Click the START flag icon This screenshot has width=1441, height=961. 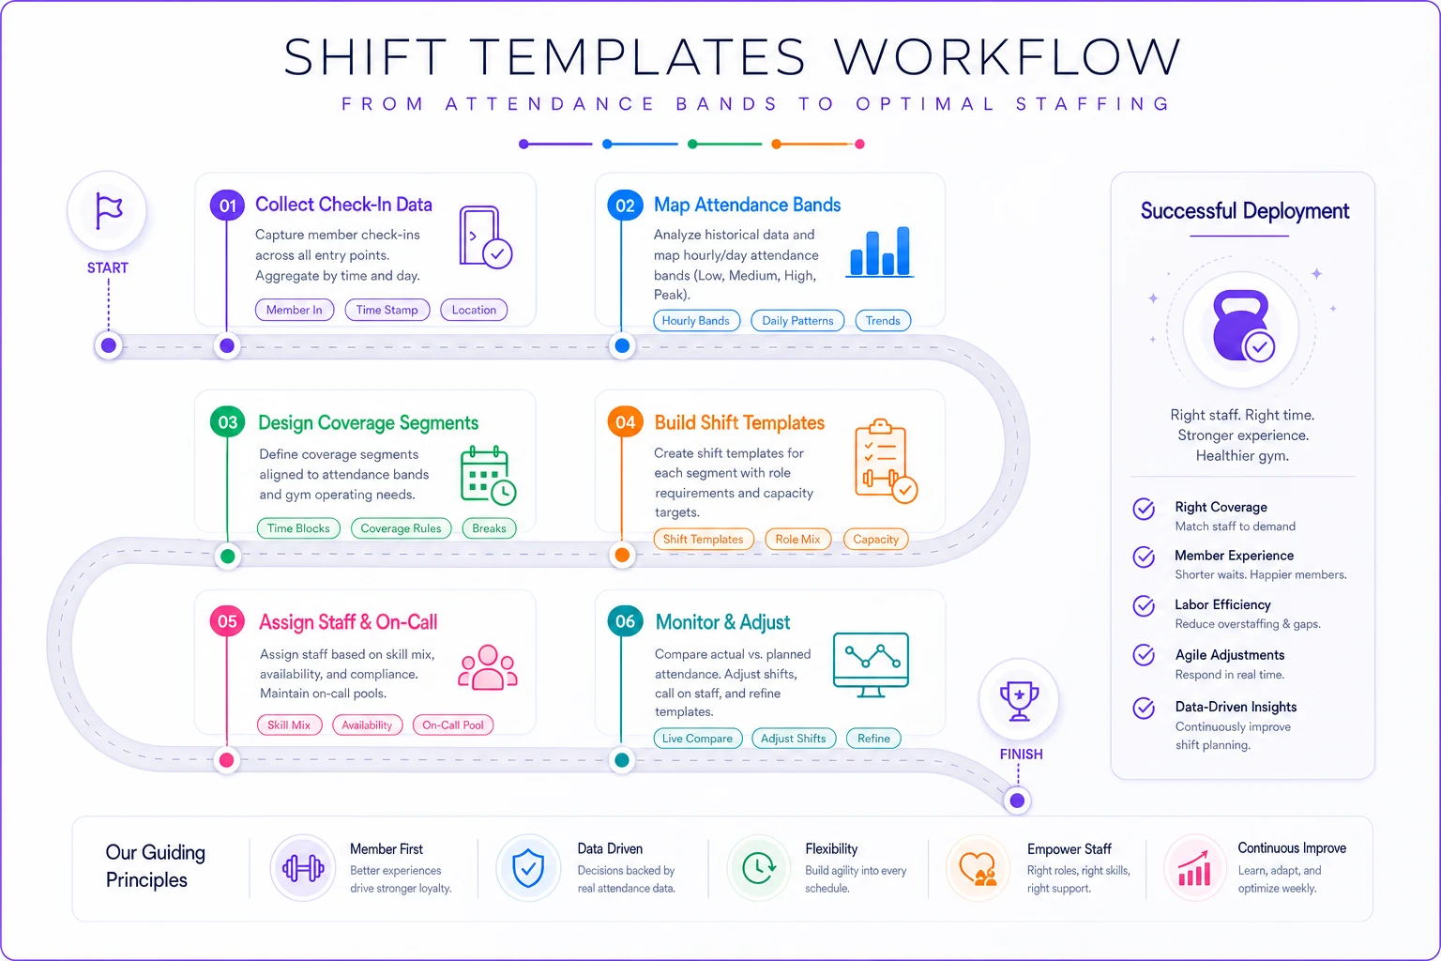[108, 210]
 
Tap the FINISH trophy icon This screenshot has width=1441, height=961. [1019, 700]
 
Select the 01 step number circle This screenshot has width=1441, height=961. [227, 206]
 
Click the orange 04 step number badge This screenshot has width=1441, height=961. [625, 422]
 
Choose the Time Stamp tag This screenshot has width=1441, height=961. [387, 310]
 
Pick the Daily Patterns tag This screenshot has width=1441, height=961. [797, 321]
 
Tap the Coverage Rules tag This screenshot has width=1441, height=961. [401, 528]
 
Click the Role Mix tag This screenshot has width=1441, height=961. [797, 540]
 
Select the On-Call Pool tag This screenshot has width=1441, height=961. [453, 725]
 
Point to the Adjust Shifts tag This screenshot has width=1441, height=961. [793, 739]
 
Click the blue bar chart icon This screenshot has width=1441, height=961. [880, 252]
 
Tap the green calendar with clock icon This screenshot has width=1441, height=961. [488, 476]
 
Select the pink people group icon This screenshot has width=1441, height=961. [488, 667]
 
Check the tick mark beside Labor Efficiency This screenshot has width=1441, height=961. [1144, 606]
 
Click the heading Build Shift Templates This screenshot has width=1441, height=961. [739, 423]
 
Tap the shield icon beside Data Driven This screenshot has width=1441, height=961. [528, 868]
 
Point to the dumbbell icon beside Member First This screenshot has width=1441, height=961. [303, 868]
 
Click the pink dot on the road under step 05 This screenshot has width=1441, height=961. [226, 760]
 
